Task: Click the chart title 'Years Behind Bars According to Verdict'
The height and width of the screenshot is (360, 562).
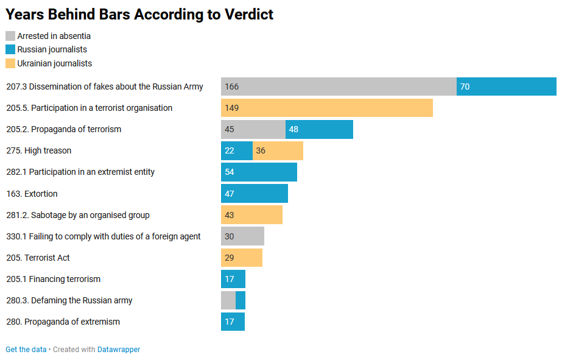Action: (x=139, y=15)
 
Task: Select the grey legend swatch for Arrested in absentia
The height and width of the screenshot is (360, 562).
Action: (x=10, y=36)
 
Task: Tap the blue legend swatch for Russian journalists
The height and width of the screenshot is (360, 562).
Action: (x=10, y=49)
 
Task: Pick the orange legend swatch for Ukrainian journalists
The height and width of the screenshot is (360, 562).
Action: (x=10, y=63)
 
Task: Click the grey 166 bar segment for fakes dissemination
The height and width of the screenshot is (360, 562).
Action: (x=339, y=86)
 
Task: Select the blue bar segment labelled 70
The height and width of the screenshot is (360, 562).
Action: (x=507, y=86)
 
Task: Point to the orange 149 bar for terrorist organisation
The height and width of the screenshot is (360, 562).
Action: (x=327, y=108)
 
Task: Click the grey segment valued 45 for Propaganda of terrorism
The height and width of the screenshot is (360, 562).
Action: (x=253, y=129)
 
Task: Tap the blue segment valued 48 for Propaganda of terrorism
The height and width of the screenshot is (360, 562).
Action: (x=319, y=129)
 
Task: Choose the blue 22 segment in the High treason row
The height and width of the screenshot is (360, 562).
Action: (x=237, y=150)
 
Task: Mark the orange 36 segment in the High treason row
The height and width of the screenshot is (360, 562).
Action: (x=278, y=150)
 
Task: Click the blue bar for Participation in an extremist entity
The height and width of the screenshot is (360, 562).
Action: (x=259, y=172)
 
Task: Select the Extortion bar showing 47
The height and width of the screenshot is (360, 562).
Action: (x=255, y=194)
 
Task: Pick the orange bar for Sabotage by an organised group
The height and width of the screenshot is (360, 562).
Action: (x=251, y=215)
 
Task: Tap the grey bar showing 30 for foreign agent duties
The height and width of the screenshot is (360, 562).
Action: (x=242, y=236)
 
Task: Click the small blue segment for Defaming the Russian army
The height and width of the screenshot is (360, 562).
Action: (x=241, y=300)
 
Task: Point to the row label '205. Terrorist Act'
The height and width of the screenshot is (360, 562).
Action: (x=38, y=258)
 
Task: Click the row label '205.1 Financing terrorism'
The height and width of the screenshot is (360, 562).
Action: (x=53, y=279)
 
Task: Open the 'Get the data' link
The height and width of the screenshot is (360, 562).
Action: (x=26, y=350)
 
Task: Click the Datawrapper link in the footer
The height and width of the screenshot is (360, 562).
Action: (x=119, y=350)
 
